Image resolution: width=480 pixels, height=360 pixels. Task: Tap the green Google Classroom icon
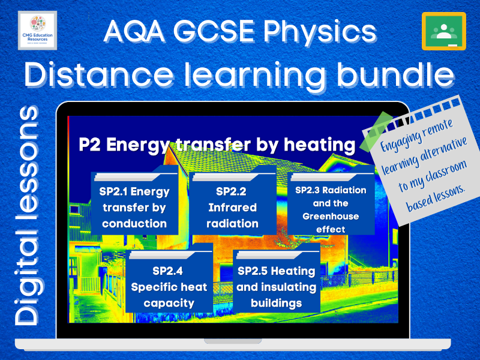pyautogui.click(x=443, y=31)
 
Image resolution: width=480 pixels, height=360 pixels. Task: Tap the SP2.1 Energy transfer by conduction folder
pyautogui.click(x=134, y=206)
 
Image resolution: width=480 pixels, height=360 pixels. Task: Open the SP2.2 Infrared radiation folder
pyautogui.click(x=233, y=206)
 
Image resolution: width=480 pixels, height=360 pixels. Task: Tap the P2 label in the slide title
pyautogui.click(x=89, y=144)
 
